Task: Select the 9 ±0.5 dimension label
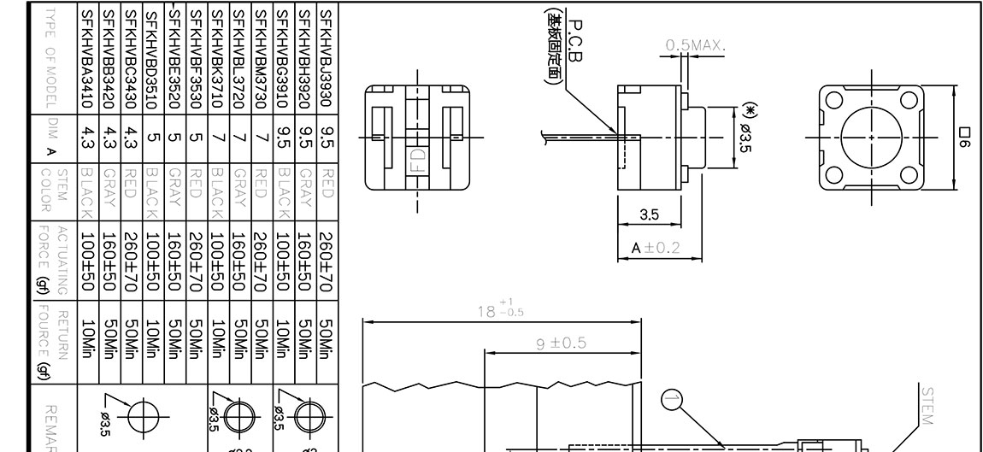point(561,343)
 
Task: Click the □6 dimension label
point(965,137)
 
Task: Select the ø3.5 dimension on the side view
point(745,136)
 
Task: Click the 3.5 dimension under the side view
point(650,214)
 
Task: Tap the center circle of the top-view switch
point(871,137)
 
